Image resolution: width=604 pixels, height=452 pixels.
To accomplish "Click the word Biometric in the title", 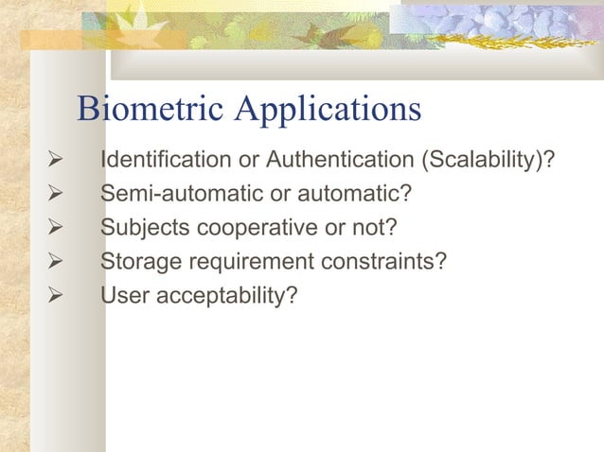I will (151, 111).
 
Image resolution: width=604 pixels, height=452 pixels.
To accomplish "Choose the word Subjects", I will (143, 228).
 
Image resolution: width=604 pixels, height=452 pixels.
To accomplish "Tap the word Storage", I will (139, 262).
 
